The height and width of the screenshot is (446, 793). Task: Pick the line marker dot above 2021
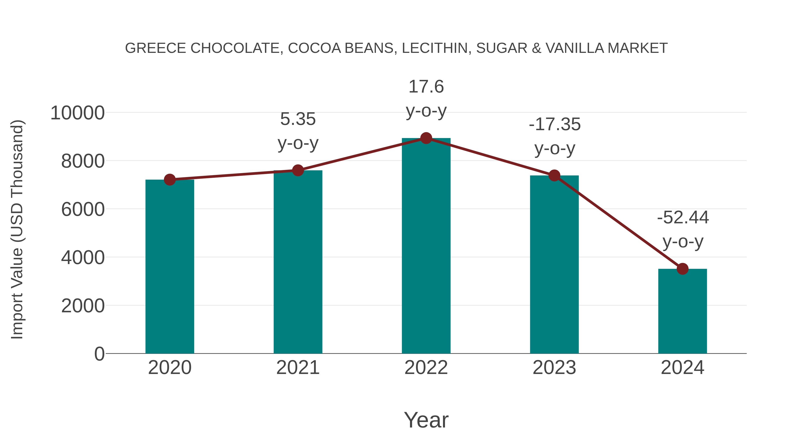pyautogui.click(x=298, y=170)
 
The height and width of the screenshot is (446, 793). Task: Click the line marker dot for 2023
pyautogui.click(x=554, y=176)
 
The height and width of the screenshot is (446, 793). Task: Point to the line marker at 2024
pyautogui.click(x=682, y=269)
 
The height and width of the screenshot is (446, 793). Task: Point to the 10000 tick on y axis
pyautogui.click(x=77, y=113)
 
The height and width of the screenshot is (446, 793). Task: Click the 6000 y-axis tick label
pyautogui.click(x=83, y=210)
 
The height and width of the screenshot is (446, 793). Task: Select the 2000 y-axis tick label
pyautogui.click(x=83, y=306)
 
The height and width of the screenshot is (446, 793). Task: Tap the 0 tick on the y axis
pyautogui.click(x=99, y=354)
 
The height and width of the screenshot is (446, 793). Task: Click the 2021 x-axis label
pyautogui.click(x=298, y=368)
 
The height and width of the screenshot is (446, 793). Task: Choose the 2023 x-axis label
pyautogui.click(x=554, y=368)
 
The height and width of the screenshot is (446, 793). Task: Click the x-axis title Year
pyautogui.click(x=426, y=420)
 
